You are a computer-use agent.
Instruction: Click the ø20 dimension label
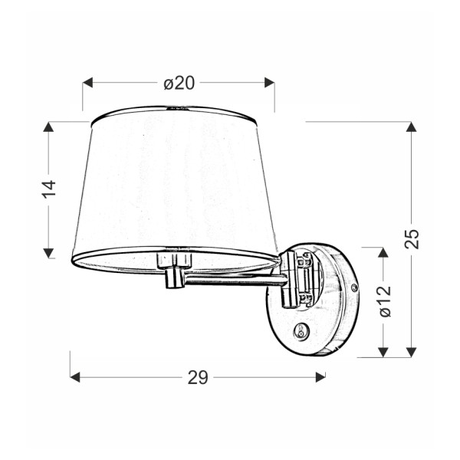pos(179,83)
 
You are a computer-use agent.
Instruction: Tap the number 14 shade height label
pos(49,189)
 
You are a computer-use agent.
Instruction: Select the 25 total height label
pos(412,238)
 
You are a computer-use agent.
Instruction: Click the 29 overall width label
pos(198,377)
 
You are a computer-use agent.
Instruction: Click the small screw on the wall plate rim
pos(354,287)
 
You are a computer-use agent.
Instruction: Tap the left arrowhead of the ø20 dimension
pos(87,83)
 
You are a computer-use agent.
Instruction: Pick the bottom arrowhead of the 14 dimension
pos(49,252)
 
